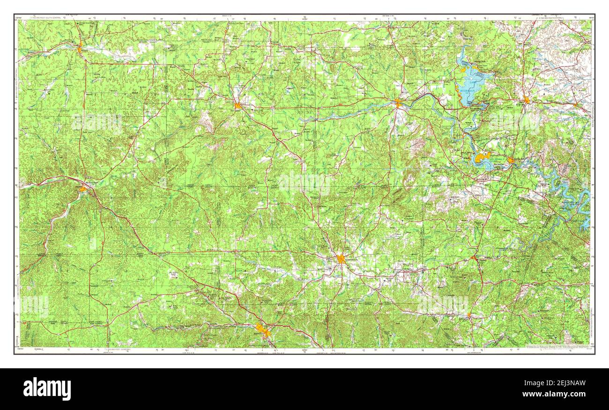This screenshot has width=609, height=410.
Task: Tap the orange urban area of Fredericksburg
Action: (341, 259)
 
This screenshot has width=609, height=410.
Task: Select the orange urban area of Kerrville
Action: (263, 330)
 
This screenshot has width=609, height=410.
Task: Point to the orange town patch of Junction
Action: (83, 189)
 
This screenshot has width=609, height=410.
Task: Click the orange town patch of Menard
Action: (80, 48)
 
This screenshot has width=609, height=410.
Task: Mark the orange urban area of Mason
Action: (238, 105)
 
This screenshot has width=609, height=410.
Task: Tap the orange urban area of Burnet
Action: (527, 100)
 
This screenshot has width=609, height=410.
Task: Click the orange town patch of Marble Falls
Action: (511, 161)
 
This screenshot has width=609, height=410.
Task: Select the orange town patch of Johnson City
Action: (474, 258)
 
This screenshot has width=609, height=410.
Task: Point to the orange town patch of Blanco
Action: (469, 315)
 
